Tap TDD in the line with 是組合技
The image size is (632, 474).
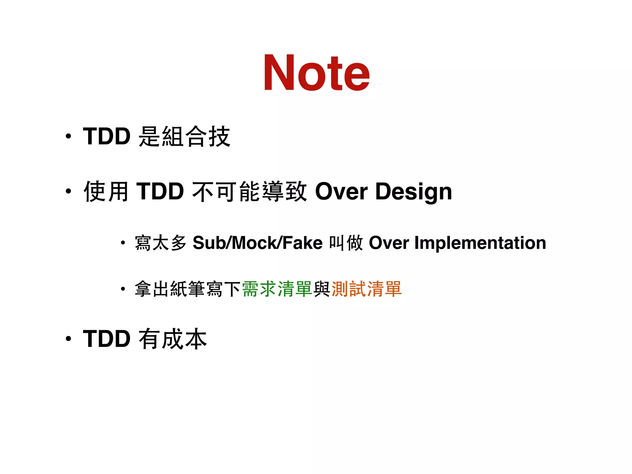point(107,136)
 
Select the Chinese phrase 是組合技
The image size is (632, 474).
point(185,136)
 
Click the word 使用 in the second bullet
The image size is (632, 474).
point(106,191)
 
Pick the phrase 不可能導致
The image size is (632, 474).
point(249,191)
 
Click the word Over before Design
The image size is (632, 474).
point(341,191)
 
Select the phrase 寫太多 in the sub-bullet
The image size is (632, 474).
point(161,243)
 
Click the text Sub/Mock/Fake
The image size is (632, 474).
point(257,243)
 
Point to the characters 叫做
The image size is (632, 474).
point(346,243)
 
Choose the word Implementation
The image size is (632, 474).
point(480,243)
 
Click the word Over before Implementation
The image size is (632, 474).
point(389,243)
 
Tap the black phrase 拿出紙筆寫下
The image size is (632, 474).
point(188,289)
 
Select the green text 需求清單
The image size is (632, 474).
point(277,289)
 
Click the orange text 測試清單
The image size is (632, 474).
point(366,289)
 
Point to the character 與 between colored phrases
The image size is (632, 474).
point(322,289)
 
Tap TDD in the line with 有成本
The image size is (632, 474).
point(107,339)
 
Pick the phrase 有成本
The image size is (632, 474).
point(173,339)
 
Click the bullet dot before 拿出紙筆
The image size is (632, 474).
point(123,289)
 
